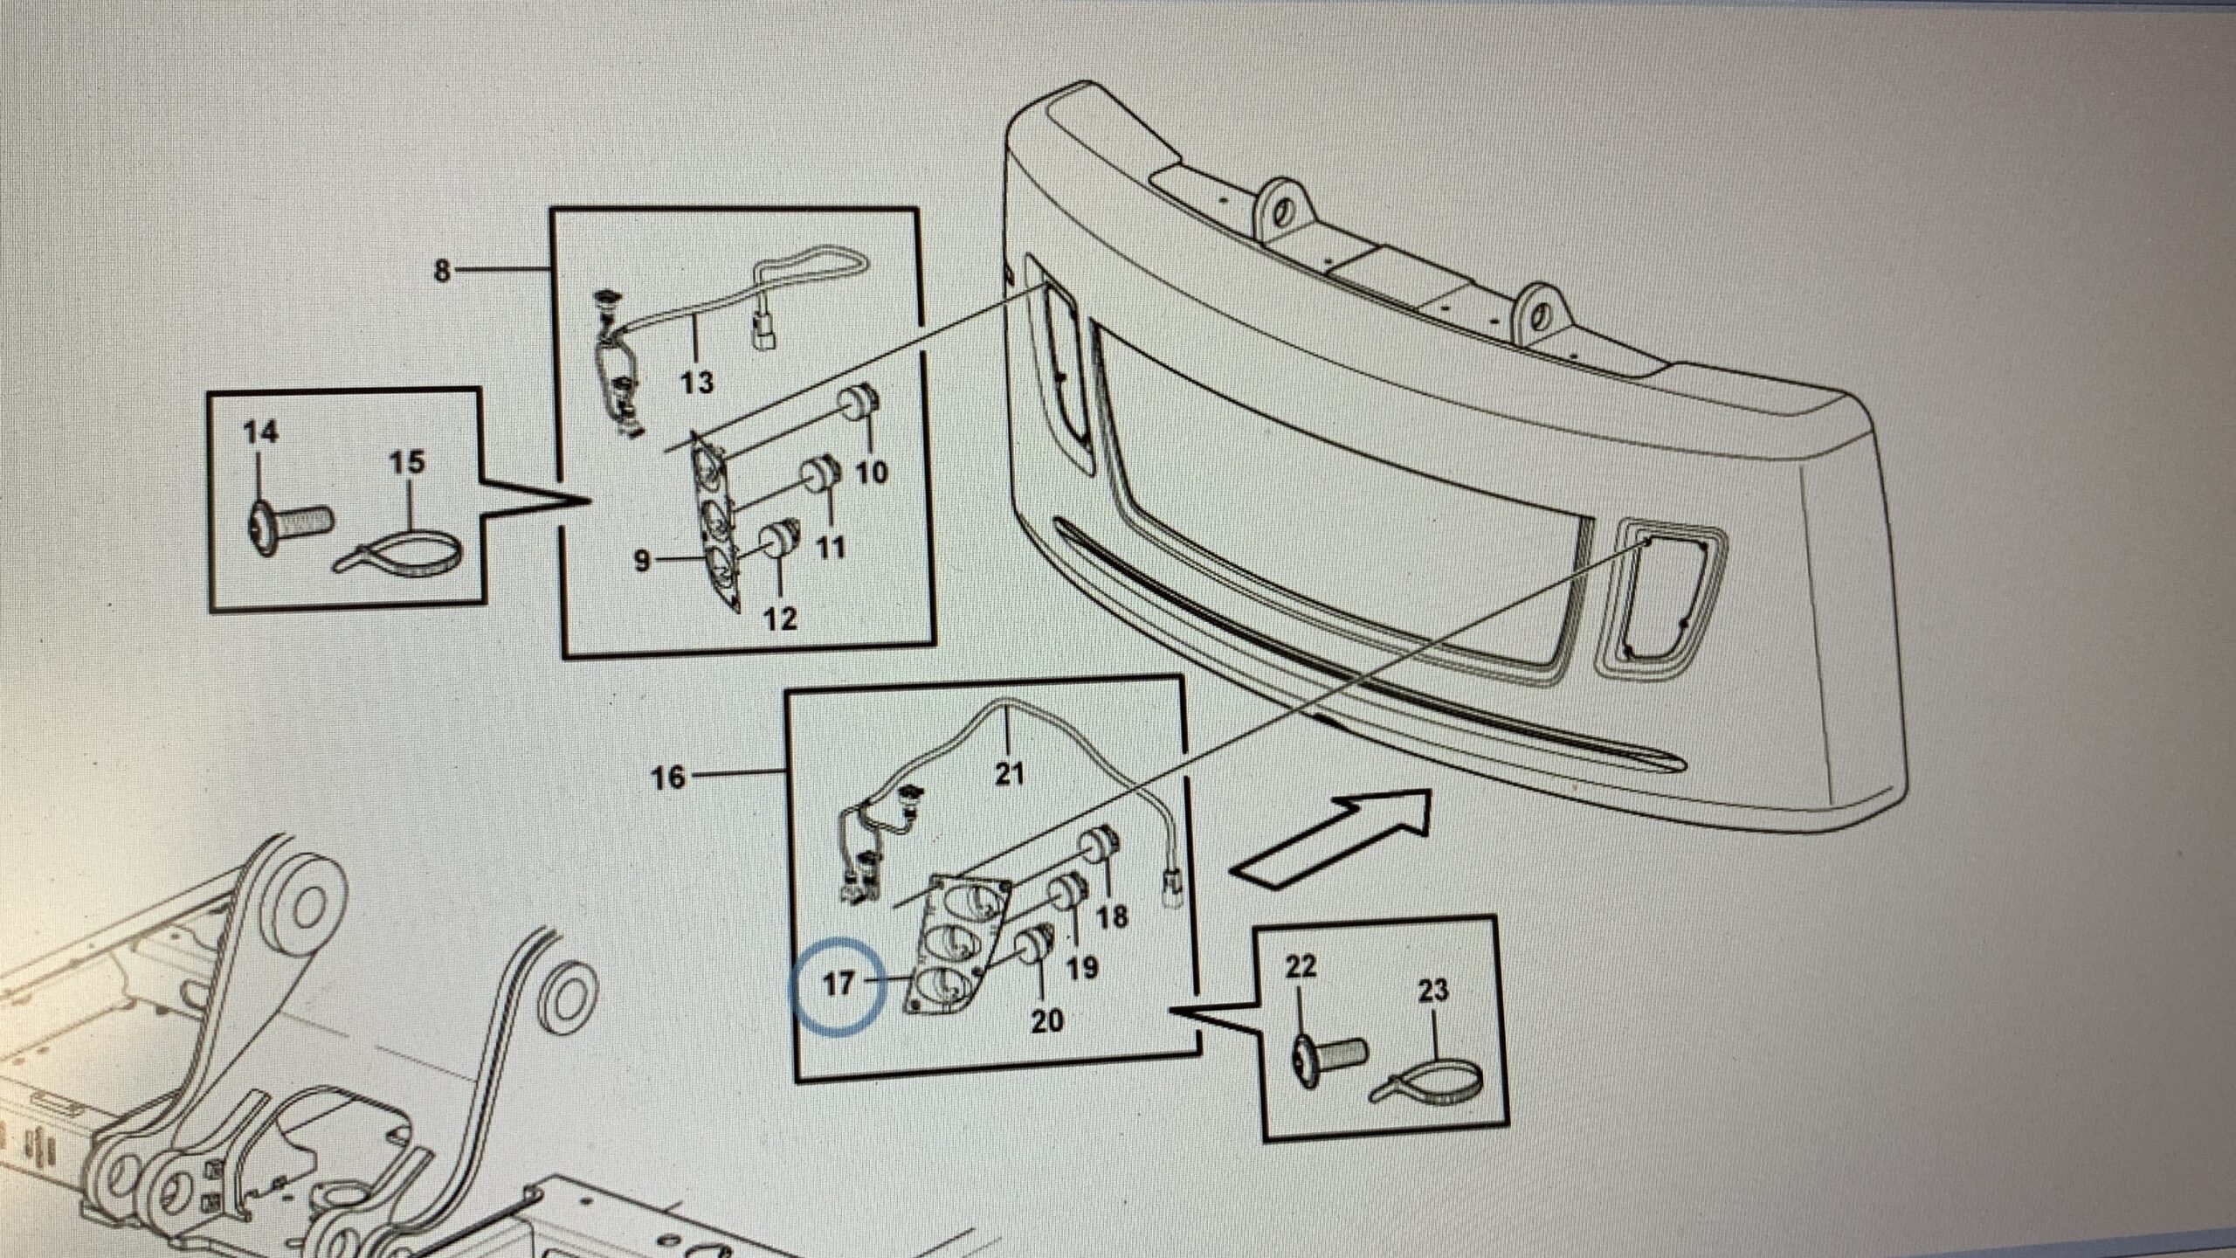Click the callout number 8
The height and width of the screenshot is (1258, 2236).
point(443,272)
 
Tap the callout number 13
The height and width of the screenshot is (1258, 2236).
point(697,382)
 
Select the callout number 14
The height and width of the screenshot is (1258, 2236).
point(259,432)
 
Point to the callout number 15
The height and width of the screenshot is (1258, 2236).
point(406,462)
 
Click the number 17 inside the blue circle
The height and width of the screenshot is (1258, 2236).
point(838,985)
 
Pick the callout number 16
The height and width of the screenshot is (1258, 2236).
point(668,777)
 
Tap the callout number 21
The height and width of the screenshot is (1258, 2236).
point(1009,774)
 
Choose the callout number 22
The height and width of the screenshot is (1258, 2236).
point(1301,968)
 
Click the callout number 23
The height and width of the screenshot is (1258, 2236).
point(1433,991)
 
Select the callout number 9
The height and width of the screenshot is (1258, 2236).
point(642,560)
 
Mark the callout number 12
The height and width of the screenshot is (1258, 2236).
point(780,619)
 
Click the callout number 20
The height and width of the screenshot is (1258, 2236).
point(1047,1020)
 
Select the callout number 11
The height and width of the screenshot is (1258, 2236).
point(831,548)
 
